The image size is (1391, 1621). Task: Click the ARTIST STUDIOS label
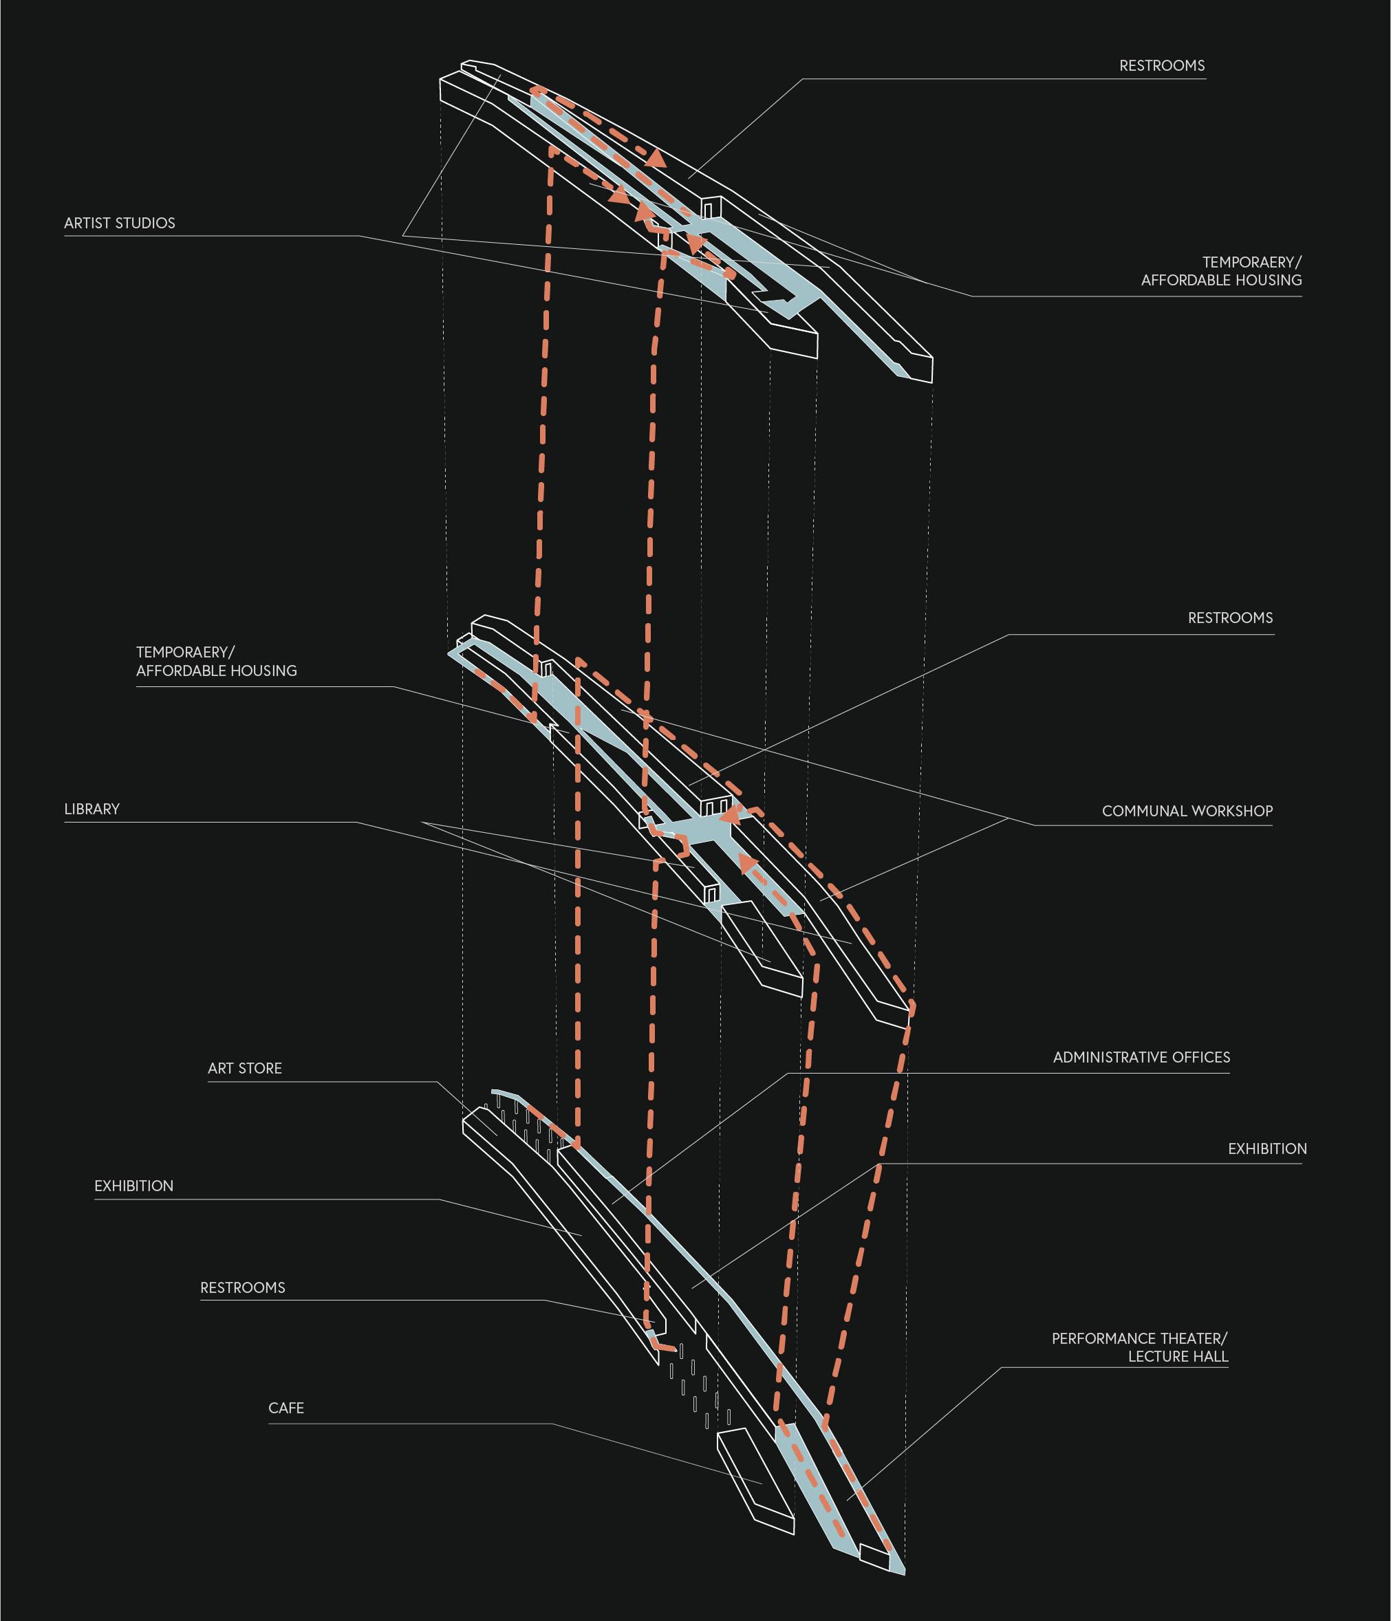(120, 223)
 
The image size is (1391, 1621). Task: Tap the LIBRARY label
(91, 809)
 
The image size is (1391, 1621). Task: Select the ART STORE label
(245, 1068)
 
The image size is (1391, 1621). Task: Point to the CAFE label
(285, 1407)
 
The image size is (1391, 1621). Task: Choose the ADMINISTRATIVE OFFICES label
(1141, 1057)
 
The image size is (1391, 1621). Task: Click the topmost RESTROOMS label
(1161, 66)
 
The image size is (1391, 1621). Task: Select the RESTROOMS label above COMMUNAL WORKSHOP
(1230, 618)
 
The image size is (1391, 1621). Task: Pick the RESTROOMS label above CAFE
(243, 1287)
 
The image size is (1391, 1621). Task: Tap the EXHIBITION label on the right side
(1266, 1149)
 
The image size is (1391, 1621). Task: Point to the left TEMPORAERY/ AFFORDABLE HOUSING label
(216, 661)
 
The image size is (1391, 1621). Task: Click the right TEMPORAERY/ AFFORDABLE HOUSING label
(1220, 271)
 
